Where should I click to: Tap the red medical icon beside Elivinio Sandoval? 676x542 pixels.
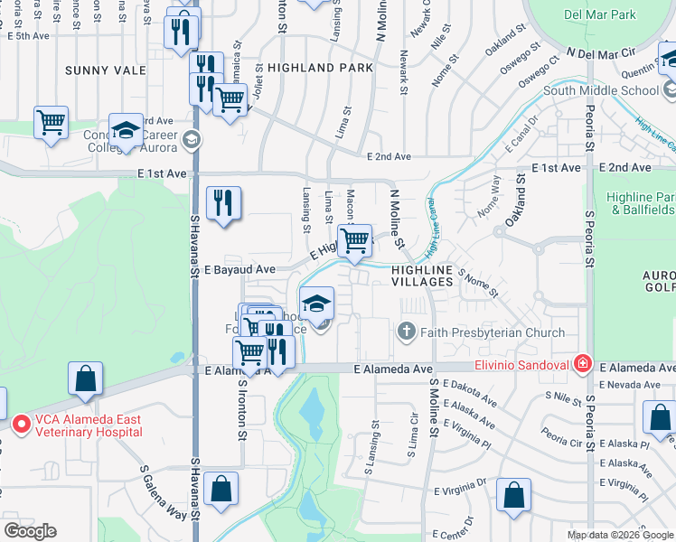point(583,365)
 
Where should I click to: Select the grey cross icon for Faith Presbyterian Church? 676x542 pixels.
point(407,332)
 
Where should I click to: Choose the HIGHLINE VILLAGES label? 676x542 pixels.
point(422,276)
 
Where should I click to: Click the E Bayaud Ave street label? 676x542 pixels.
point(239,269)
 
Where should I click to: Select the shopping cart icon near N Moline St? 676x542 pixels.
point(355,241)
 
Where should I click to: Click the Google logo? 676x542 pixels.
point(31,531)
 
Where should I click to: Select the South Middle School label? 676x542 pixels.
point(601,90)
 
